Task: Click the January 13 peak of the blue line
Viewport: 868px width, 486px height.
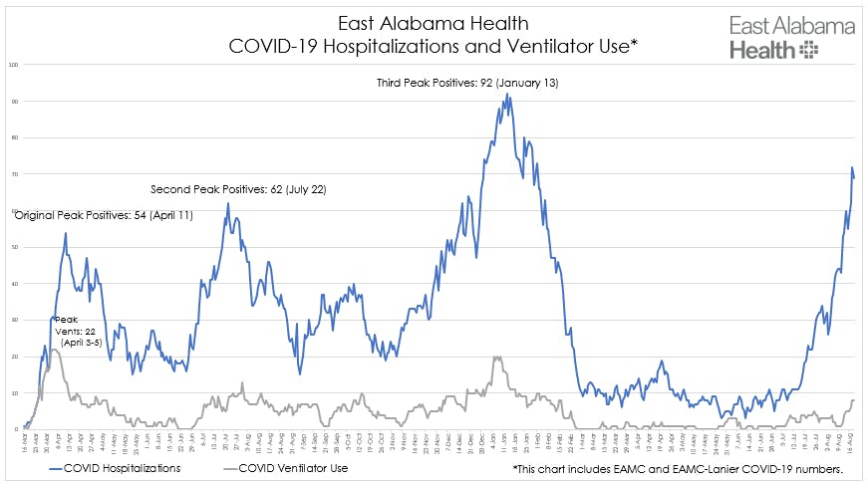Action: pos(507,94)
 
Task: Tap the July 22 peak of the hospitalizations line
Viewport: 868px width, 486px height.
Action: pos(227,203)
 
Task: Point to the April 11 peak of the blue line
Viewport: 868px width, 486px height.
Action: pos(66,233)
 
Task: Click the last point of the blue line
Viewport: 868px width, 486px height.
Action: pos(854,177)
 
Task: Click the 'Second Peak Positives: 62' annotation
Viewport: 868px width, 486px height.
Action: pos(238,188)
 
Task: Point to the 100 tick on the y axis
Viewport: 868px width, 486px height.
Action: pos(13,65)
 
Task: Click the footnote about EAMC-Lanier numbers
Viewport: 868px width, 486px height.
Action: pos(679,467)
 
